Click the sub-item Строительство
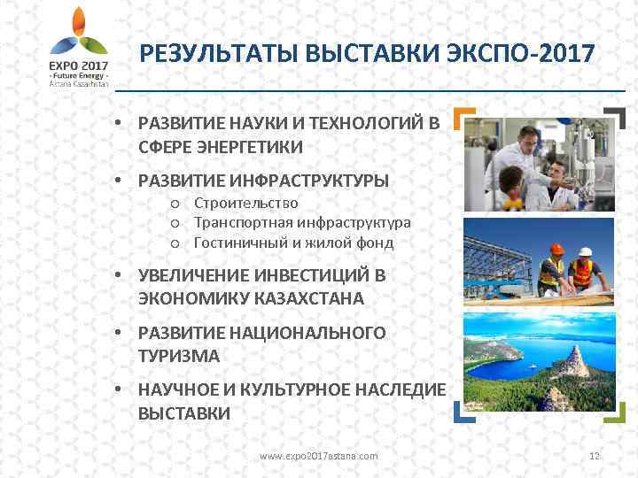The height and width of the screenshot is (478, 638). (245, 204)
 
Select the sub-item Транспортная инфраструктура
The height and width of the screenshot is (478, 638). (302, 223)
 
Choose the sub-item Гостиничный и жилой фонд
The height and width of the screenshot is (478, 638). (293, 243)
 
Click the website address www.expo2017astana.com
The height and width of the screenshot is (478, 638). (318, 456)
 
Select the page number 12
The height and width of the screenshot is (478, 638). (595, 456)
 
